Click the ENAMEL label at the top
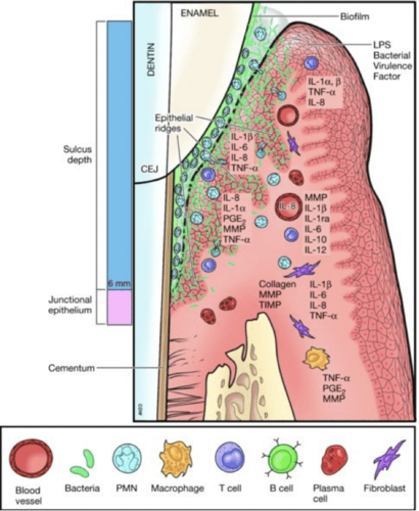pos(199,13)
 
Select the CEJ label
pos(149,169)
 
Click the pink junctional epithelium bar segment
pos(119,307)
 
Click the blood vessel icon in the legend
pos(31,460)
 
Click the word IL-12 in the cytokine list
pos(315,250)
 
